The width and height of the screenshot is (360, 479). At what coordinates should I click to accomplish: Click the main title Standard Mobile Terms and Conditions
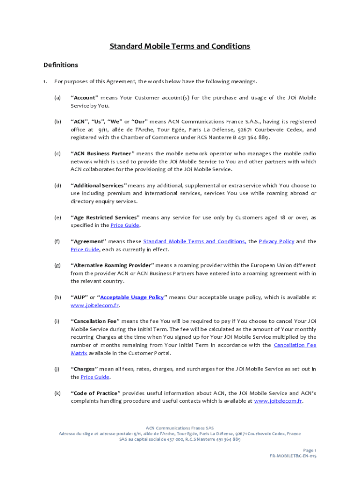[180, 46]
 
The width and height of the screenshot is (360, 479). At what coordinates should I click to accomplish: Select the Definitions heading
[60, 65]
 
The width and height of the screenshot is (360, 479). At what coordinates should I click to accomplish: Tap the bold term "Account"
[84, 98]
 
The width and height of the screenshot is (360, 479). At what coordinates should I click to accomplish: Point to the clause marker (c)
[58, 153]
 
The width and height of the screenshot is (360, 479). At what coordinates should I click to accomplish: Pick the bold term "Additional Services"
[99, 186]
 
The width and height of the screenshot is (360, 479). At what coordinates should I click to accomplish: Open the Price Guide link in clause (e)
[125, 225]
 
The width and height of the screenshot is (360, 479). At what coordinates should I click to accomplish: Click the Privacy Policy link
[276, 241]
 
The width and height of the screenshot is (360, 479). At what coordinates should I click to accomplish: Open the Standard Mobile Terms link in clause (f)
[194, 241]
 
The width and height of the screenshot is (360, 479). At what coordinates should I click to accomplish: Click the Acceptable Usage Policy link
[132, 298]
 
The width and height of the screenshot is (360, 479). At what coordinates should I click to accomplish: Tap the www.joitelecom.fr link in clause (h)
[94, 305]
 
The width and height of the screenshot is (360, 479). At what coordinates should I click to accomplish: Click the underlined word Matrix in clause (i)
[79, 353]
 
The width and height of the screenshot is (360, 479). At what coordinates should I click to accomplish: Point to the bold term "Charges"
[83, 369]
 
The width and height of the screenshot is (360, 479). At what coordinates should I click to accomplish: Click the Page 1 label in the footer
[310, 450]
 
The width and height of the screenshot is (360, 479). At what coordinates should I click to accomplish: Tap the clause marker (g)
[58, 265]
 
